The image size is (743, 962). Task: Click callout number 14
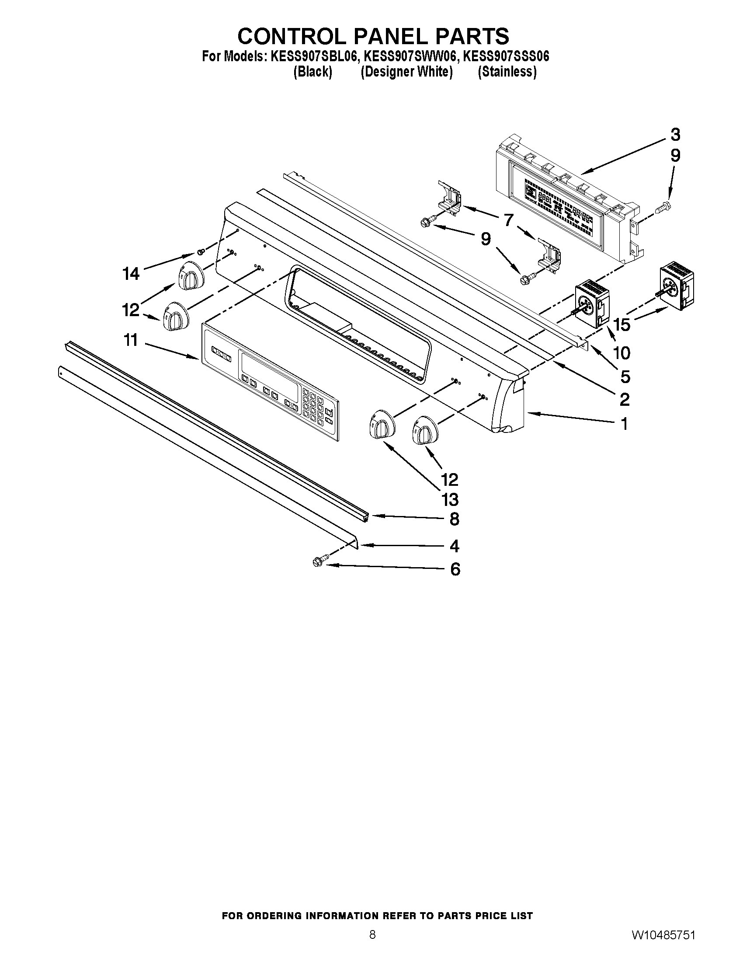[x=131, y=274]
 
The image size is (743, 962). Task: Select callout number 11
[x=131, y=340]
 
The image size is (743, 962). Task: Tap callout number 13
[x=450, y=499]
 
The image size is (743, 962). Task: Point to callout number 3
[x=675, y=135]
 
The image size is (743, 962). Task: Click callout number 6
[x=455, y=569]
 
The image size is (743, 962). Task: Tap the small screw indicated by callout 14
[x=201, y=251]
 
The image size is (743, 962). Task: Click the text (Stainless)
[x=507, y=72]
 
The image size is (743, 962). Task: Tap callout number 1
[x=624, y=424]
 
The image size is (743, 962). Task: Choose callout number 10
[x=622, y=352]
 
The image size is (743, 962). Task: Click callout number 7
[x=509, y=220]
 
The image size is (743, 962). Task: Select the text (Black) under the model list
[x=312, y=72]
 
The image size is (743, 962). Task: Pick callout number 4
[x=455, y=546]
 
